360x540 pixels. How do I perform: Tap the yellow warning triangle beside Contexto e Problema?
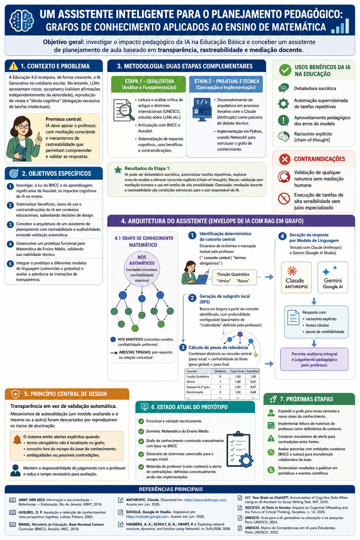click(x=13, y=66)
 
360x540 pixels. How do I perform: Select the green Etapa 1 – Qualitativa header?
click(x=148, y=84)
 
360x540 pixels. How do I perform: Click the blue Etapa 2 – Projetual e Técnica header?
click(x=227, y=84)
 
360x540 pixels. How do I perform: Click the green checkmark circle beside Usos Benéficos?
click(x=285, y=70)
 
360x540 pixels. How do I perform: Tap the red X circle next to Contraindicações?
click(x=285, y=159)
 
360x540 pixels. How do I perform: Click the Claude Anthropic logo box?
click(x=296, y=277)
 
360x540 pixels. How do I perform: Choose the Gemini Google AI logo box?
click(x=333, y=277)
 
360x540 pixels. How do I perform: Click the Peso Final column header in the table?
click(x=252, y=371)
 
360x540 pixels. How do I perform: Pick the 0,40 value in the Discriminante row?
click(x=253, y=392)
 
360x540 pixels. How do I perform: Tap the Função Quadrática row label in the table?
click(x=198, y=377)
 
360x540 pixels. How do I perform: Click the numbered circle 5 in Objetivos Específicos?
click(x=10, y=264)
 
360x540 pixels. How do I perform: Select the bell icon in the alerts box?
click(x=17, y=440)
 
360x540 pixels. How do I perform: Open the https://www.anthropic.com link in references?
click(x=205, y=500)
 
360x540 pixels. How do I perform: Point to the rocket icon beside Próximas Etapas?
click(x=273, y=399)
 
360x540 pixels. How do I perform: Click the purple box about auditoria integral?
click(x=314, y=359)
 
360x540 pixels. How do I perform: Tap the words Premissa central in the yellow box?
click(x=64, y=119)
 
